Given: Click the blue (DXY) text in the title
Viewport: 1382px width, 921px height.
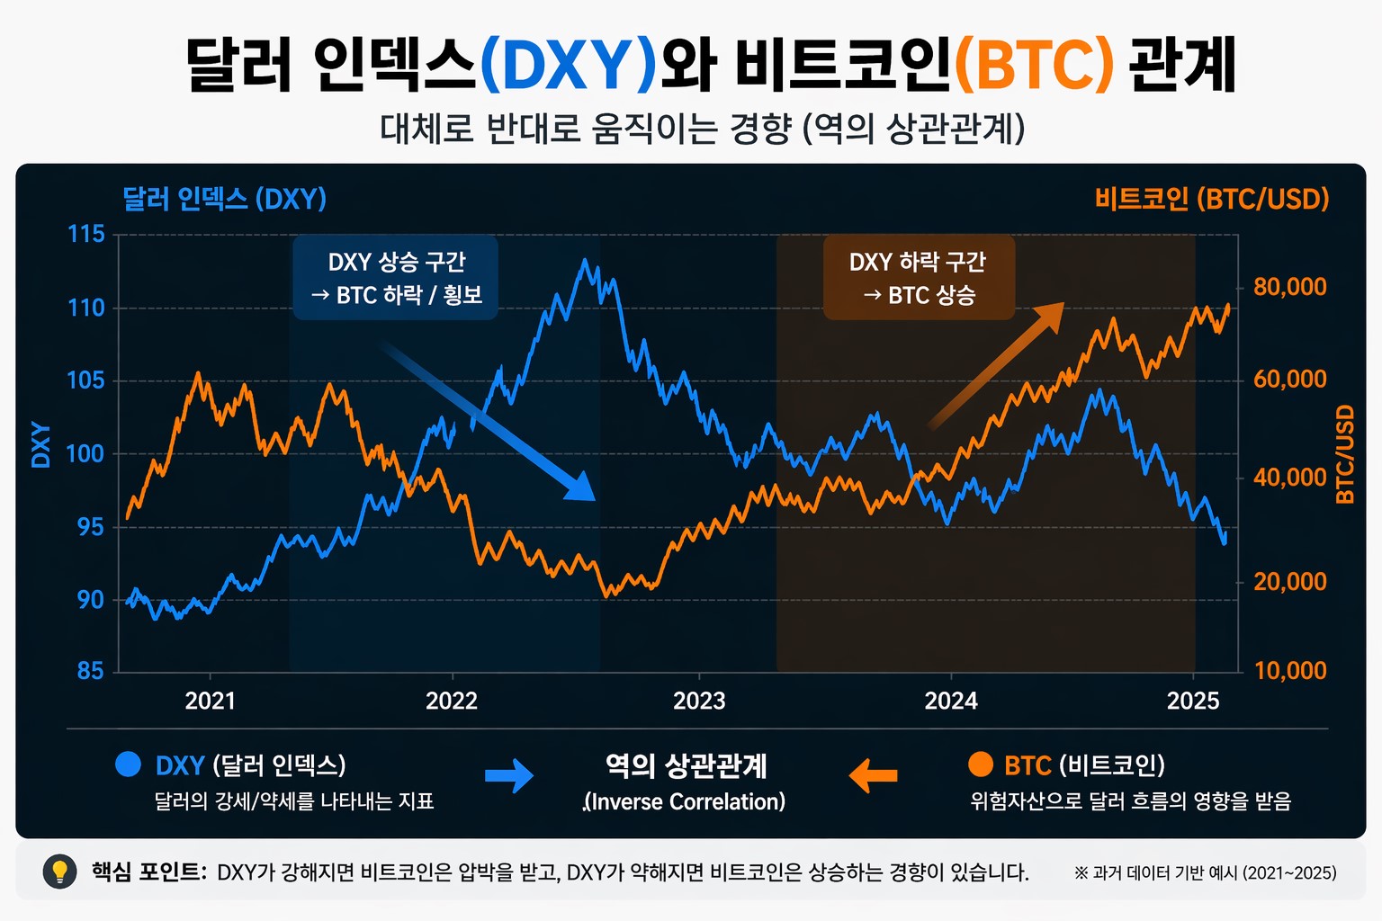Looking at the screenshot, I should click(x=569, y=65).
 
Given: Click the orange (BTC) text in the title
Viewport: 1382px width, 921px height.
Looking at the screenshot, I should click(x=1034, y=65).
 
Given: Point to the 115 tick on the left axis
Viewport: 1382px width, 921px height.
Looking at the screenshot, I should click(x=86, y=234).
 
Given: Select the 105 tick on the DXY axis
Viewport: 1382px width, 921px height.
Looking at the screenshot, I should click(x=86, y=380).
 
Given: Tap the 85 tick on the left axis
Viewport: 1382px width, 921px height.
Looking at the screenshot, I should click(x=90, y=671).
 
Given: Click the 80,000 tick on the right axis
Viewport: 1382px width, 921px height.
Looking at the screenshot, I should click(x=1289, y=287).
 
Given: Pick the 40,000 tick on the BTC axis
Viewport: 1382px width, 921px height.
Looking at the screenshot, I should click(x=1289, y=478).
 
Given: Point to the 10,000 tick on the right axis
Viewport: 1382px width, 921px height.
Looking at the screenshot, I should click(x=1289, y=671).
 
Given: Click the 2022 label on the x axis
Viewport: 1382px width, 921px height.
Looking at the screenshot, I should click(x=451, y=701).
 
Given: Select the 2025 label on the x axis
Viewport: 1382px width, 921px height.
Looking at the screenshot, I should click(x=1192, y=701).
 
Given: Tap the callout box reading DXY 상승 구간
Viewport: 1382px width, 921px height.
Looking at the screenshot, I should click(x=396, y=278).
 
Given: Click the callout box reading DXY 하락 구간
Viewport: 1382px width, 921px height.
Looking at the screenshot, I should click(x=919, y=278).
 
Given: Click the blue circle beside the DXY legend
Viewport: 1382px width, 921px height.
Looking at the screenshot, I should click(x=129, y=765).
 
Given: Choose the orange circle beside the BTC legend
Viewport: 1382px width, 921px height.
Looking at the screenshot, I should click(x=980, y=765).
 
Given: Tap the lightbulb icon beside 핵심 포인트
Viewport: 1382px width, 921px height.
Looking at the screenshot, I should click(x=60, y=872).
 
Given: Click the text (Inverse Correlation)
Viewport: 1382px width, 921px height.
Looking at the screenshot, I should click(x=685, y=801).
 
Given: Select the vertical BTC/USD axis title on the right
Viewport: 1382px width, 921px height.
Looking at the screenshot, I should click(x=1344, y=454).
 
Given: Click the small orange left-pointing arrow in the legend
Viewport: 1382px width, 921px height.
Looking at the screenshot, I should click(x=873, y=774).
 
